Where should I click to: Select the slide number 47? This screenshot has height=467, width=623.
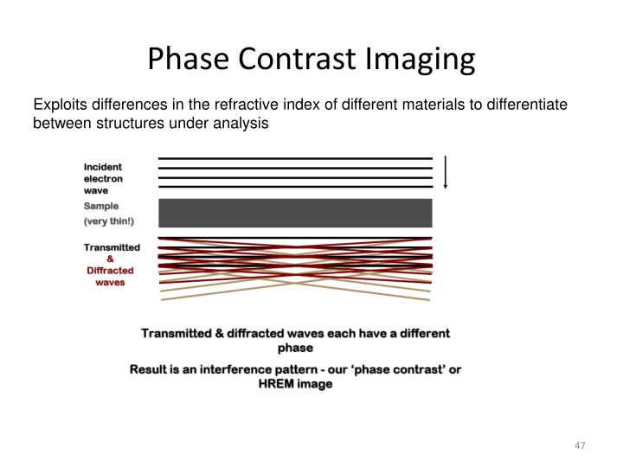580,445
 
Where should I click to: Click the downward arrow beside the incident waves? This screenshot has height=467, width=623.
445,172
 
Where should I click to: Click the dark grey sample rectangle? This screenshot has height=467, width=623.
295,213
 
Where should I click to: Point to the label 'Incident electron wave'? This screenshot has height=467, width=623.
103,178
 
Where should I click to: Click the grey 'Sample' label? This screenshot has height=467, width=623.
101,206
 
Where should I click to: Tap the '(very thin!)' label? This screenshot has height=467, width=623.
109,221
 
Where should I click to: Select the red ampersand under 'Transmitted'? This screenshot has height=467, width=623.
110,259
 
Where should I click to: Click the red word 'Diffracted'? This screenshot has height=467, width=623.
110,270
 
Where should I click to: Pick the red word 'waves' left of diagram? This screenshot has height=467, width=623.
110,282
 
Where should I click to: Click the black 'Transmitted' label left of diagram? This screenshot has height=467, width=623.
112,247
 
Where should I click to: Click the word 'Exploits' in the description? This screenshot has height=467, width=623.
59,106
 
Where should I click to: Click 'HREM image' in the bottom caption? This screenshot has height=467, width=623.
295,385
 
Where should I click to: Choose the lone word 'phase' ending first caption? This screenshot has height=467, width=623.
295,348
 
